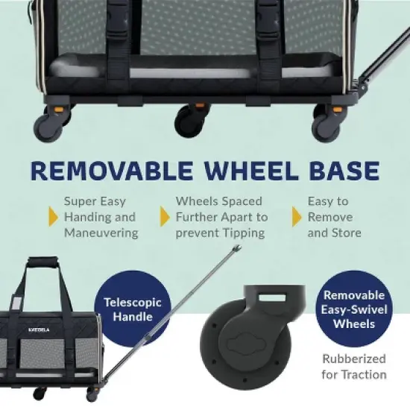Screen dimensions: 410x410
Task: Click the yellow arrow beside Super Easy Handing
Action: click(x=53, y=217)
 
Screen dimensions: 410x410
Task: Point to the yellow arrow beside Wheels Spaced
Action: click(x=165, y=217)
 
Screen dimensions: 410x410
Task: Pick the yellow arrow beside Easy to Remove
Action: click(x=297, y=217)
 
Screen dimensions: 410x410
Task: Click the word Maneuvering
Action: click(x=101, y=233)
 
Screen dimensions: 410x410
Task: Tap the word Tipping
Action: click(x=243, y=233)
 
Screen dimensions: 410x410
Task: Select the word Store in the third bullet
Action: click(x=346, y=233)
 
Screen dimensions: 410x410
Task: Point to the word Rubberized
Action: click(x=354, y=358)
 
